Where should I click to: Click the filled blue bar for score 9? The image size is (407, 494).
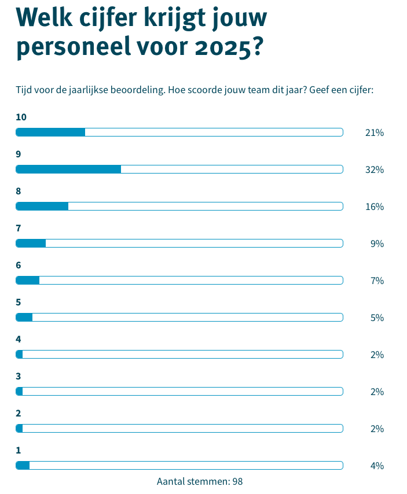tap(68, 169)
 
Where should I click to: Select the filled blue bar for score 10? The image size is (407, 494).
tap(50, 132)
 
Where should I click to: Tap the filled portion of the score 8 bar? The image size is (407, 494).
tap(42, 206)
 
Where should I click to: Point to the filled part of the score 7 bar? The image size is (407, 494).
tap(31, 243)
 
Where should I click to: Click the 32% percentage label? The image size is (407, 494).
tap(375, 169)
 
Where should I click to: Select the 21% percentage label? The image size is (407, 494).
tap(375, 132)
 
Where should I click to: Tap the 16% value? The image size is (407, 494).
tap(375, 207)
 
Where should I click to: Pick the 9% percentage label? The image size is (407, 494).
tap(377, 244)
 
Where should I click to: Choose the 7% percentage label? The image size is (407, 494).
tap(377, 281)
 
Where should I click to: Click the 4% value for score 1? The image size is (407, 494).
tap(377, 466)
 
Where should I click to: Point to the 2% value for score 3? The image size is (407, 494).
tap(377, 392)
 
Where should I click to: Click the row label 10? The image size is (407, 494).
tap(21, 117)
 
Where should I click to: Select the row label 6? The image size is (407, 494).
tap(19, 265)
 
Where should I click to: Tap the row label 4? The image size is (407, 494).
tap(19, 339)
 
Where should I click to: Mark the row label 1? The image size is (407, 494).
tap(19, 450)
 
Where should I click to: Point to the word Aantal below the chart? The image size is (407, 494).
tap(171, 481)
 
